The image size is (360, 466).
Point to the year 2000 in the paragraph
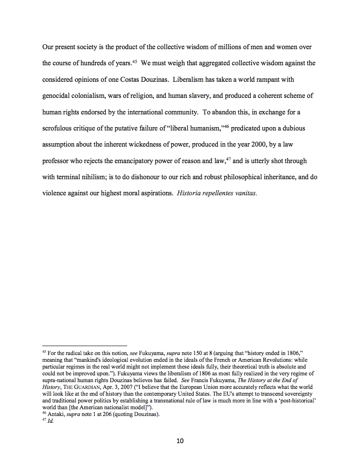[262, 144]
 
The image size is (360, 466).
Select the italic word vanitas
[245, 193]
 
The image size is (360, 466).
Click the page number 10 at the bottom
[180, 441]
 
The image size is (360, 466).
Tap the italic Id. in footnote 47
[51, 421]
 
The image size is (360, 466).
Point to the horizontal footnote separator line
[85, 345]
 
